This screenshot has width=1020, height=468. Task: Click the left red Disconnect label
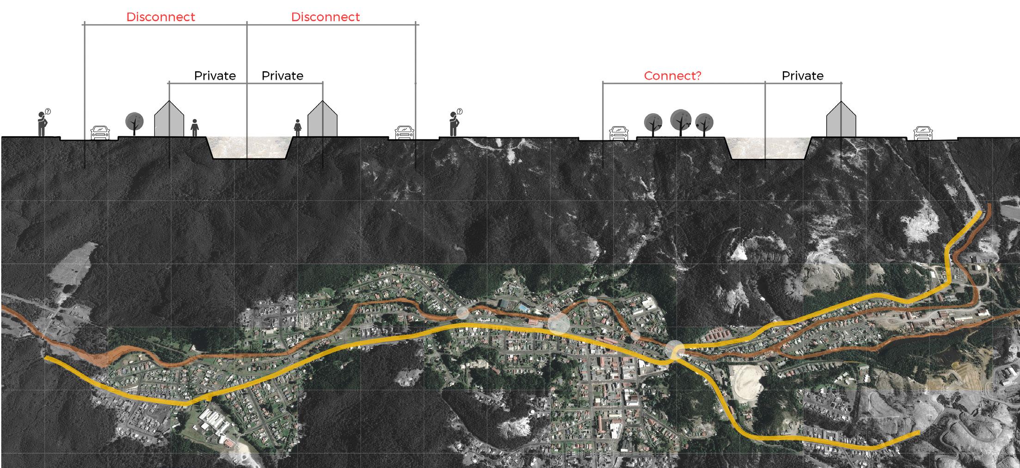click(x=160, y=17)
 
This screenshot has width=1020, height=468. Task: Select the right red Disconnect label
click(x=325, y=17)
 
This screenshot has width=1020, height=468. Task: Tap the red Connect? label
click(x=672, y=76)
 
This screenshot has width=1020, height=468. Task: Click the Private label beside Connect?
click(x=802, y=76)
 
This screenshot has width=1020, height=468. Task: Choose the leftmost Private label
click(x=215, y=76)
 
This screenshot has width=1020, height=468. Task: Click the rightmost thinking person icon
click(x=454, y=124)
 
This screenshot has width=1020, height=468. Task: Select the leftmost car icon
click(x=99, y=133)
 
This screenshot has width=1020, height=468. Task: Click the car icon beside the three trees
click(x=618, y=134)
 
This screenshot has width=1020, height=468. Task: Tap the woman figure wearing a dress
click(x=297, y=128)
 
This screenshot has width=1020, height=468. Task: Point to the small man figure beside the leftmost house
click(x=195, y=128)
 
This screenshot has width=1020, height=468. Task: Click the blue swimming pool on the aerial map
click(x=522, y=307)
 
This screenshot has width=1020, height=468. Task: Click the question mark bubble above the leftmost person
click(x=48, y=111)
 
